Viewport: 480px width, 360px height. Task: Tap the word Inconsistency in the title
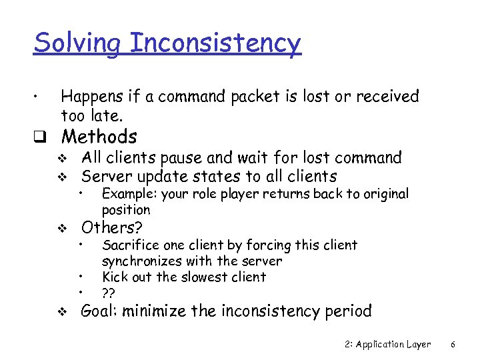[215, 43]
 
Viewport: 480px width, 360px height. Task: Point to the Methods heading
[99, 137]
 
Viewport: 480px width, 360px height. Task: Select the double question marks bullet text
[107, 293]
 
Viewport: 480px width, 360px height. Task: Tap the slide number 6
[453, 345]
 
